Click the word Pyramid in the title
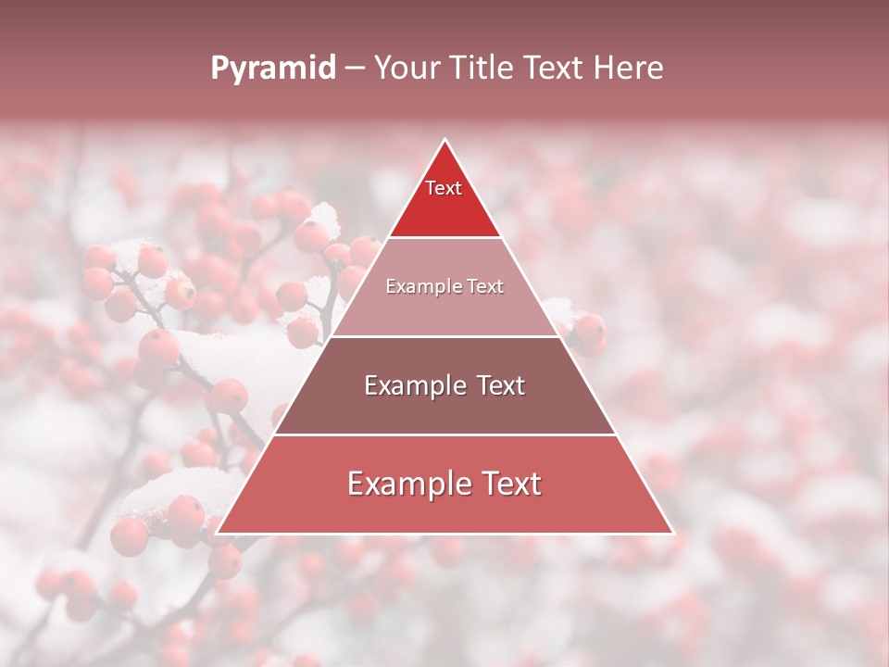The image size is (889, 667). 272,69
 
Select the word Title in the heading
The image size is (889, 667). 483,68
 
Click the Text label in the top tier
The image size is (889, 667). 444,188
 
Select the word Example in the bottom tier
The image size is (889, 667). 403,484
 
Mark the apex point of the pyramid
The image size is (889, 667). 444,140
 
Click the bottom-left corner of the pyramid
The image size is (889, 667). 217,534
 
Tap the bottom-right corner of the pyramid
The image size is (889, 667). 672,534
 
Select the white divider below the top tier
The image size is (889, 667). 444,238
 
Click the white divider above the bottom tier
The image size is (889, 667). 444,434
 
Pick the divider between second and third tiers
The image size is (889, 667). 444,336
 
